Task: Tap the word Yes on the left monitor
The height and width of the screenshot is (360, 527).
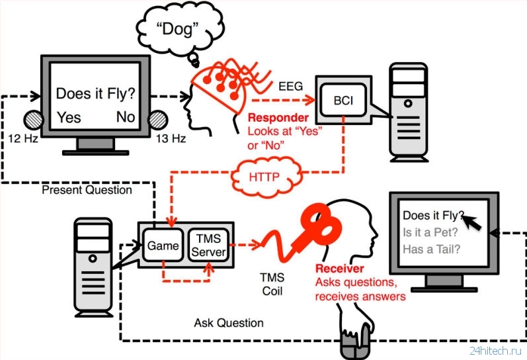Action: (69, 117)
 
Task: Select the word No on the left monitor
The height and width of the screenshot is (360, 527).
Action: (126, 117)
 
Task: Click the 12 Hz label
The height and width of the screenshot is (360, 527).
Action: (24, 138)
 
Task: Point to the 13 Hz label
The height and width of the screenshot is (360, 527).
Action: (171, 138)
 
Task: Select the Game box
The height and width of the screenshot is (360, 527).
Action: (163, 246)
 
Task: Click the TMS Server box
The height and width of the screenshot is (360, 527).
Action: (208, 246)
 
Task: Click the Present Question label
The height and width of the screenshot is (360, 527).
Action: (86, 190)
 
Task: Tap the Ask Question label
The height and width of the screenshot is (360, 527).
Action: (229, 323)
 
